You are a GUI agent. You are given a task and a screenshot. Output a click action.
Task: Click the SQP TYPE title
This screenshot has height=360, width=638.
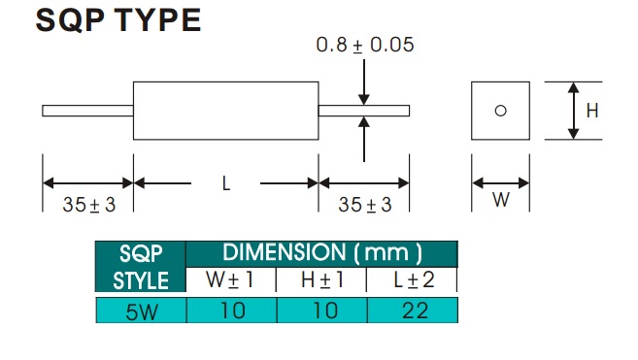[x=118, y=20]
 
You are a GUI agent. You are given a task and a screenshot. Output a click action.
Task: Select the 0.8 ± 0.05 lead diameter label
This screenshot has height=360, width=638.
[x=365, y=45]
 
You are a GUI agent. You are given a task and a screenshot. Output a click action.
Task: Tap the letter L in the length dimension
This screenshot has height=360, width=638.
[x=226, y=183]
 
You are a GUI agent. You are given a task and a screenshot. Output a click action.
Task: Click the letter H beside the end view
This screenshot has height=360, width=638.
[x=592, y=111]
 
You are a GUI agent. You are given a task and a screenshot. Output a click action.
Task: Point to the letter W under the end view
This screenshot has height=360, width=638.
[x=500, y=200]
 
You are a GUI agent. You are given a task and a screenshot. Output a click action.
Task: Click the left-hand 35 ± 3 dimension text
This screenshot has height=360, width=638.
[x=89, y=205]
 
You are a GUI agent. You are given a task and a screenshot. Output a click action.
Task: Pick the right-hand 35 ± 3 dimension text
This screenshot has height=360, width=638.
[x=365, y=205]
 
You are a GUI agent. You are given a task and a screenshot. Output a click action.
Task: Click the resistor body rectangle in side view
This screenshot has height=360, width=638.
[x=226, y=82]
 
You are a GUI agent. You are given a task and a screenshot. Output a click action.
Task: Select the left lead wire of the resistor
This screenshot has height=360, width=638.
[x=88, y=111]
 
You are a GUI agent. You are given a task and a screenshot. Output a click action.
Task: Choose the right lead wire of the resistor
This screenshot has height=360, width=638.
[x=364, y=111]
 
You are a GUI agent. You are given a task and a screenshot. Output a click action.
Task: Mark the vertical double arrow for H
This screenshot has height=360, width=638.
[x=573, y=111]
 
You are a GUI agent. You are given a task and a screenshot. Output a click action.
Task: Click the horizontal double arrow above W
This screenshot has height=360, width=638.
[x=500, y=183]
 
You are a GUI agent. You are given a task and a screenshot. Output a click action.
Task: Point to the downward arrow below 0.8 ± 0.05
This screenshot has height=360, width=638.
[x=364, y=82]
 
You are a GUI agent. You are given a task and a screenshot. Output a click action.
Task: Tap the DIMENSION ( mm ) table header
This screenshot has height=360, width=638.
[x=322, y=252]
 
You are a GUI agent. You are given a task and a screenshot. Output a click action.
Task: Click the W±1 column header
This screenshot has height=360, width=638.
[x=230, y=279]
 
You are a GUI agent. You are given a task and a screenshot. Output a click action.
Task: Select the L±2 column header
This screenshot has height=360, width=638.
[x=415, y=279]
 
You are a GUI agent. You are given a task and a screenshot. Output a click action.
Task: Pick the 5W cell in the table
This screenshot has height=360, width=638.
[x=142, y=311]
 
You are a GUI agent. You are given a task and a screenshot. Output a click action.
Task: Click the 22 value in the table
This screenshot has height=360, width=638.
[x=415, y=311]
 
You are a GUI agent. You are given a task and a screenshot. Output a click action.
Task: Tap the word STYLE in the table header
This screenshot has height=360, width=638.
[x=141, y=280]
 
